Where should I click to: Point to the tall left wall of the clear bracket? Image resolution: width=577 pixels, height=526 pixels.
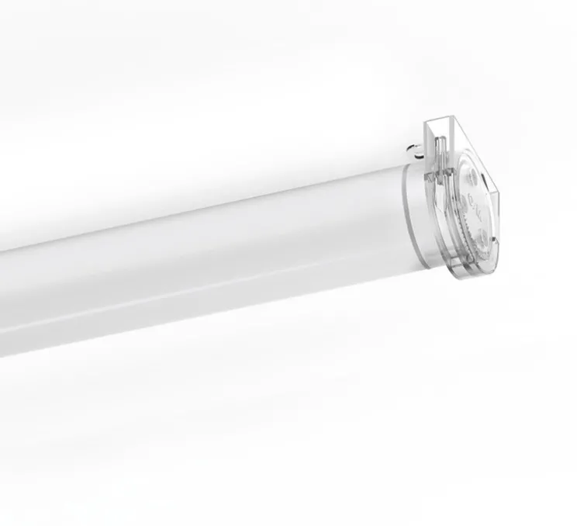(x=428, y=155)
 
